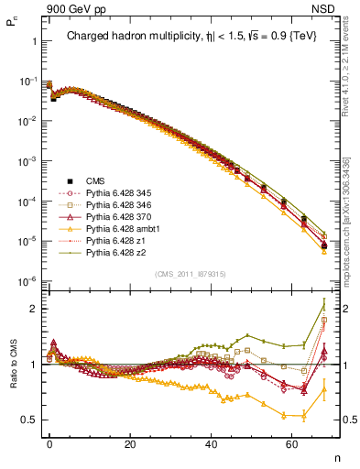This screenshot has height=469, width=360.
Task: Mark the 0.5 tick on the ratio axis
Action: [x=28, y=420]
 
